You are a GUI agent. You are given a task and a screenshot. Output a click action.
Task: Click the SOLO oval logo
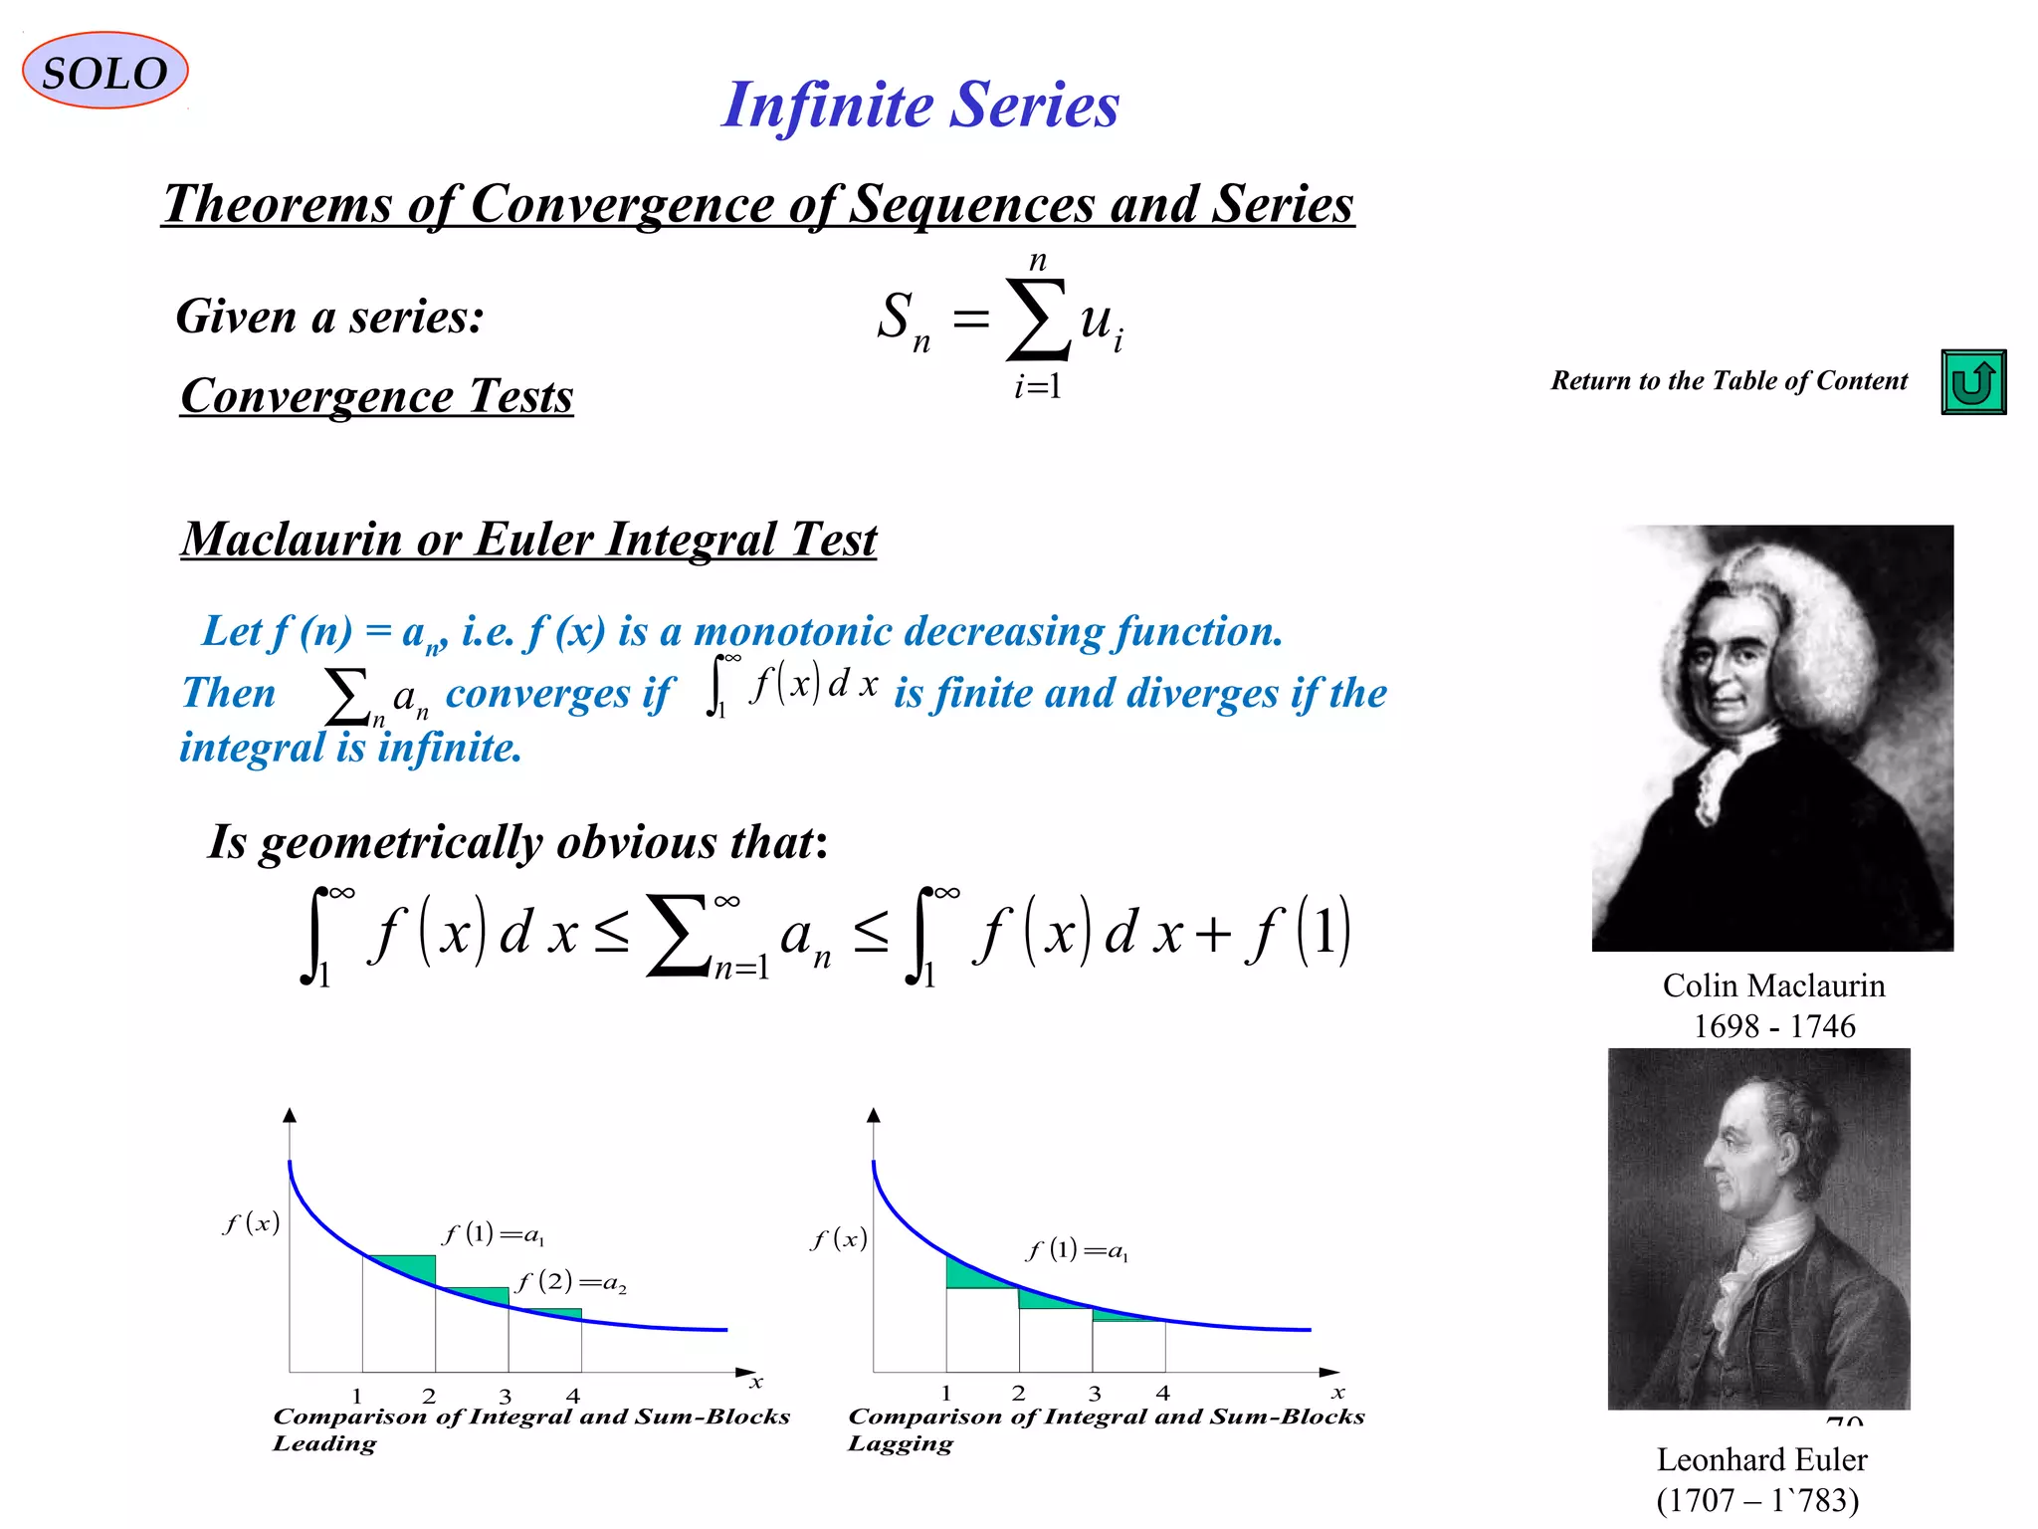(x=104, y=72)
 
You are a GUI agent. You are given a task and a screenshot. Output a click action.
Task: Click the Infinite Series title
(x=920, y=105)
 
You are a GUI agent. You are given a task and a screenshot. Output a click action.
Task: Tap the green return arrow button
(x=1972, y=382)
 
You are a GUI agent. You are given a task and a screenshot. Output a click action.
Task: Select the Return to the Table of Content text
(x=1729, y=381)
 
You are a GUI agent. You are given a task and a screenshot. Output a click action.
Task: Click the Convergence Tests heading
(x=377, y=396)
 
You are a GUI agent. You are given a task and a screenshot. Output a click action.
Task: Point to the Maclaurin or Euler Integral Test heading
(x=528, y=540)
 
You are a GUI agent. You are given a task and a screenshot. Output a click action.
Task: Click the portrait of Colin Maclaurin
(x=1772, y=738)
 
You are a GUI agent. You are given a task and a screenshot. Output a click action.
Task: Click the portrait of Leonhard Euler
(x=1758, y=1228)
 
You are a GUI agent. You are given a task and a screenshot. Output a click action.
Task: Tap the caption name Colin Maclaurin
(x=1773, y=985)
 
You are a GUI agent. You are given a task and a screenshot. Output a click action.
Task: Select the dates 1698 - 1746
(x=1773, y=1026)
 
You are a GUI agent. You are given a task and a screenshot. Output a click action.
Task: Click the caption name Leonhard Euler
(x=1761, y=1459)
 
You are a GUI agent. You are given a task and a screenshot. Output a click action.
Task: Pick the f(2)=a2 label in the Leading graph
(x=571, y=1282)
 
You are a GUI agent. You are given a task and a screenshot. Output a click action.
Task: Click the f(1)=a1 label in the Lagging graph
(x=1077, y=1250)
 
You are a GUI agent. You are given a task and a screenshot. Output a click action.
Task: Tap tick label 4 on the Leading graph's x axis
(x=573, y=1396)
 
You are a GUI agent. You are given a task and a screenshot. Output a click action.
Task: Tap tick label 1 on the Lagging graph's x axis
(x=946, y=1394)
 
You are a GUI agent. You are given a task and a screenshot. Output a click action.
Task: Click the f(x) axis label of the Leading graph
(x=251, y=1223)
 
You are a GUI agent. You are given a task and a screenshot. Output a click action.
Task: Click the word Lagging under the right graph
(x=901, y=1443)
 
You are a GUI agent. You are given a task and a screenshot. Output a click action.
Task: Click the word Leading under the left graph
(x=325, y=1443)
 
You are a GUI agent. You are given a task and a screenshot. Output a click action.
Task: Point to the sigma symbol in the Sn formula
(x=1038, y=319)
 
